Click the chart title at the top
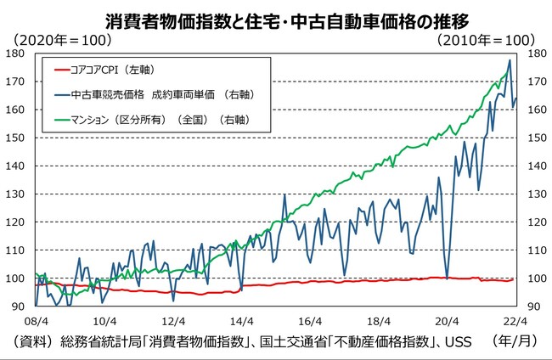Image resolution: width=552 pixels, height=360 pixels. [276, 18]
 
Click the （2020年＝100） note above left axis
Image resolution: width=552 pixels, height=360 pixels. [63, 39]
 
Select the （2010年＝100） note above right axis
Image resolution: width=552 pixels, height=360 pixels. [487, 39]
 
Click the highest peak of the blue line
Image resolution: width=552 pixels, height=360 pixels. [510, 60]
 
